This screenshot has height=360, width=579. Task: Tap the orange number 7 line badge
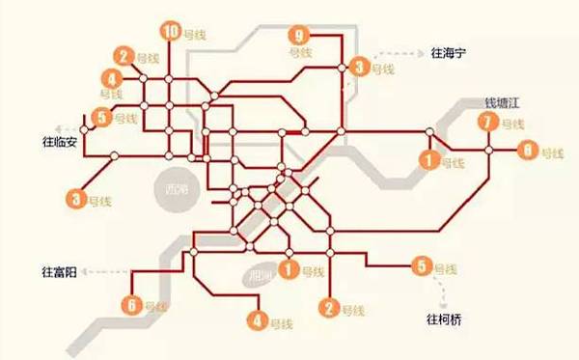click(x=488, y=123)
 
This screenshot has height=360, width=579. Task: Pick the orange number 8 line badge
click(x=527, y=151)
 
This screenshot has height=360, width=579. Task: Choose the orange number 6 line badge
click(x=132, y=306)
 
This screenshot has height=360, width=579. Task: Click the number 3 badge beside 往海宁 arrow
click(x=360, y=67)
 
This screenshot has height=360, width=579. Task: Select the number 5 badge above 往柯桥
click(x=421, y=266)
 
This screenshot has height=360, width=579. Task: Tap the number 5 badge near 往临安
click(x=103, y=119)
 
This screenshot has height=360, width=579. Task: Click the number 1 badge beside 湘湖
click(x=288, y=269)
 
